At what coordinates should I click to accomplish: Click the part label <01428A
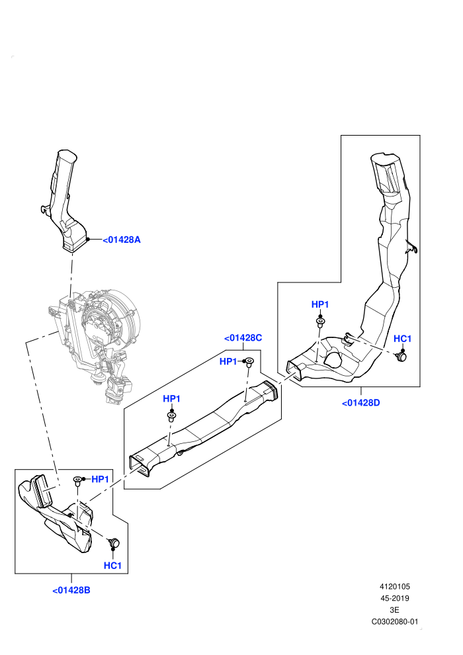122,240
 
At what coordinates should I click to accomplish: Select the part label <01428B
71,590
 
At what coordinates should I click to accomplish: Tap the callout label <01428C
243,337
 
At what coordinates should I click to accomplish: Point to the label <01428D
360,403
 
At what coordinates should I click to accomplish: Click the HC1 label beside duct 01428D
402,338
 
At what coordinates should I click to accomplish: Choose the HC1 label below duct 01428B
112,565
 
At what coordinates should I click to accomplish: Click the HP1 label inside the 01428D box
320,304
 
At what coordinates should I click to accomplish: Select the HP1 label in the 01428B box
100,479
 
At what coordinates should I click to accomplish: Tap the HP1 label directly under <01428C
228,361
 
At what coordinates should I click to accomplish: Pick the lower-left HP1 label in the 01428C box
171,398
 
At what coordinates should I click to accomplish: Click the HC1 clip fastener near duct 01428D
401,357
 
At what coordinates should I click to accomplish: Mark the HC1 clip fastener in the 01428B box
114,543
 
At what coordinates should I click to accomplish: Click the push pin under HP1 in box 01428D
320,323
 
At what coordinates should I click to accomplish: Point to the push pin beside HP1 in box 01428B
77,480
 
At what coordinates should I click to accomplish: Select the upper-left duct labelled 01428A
66,201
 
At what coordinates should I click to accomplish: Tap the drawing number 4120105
394,586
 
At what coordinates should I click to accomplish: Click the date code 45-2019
394,598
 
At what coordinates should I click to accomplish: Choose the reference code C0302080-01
394,621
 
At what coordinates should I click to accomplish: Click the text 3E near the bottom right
394,610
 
